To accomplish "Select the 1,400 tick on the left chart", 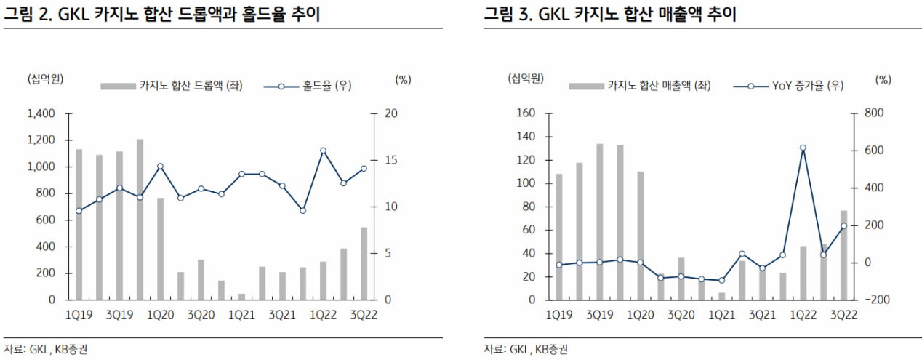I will [x=42, y=114].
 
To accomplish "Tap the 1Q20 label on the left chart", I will [x=160, y=313].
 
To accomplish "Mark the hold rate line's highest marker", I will [x=323, y=151].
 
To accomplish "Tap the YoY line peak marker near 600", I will [x=803, y=148].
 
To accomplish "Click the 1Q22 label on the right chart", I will [x=803, y=313].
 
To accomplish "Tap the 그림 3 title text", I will [x=610, y=14].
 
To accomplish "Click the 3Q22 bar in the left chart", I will [x=364, y=263].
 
